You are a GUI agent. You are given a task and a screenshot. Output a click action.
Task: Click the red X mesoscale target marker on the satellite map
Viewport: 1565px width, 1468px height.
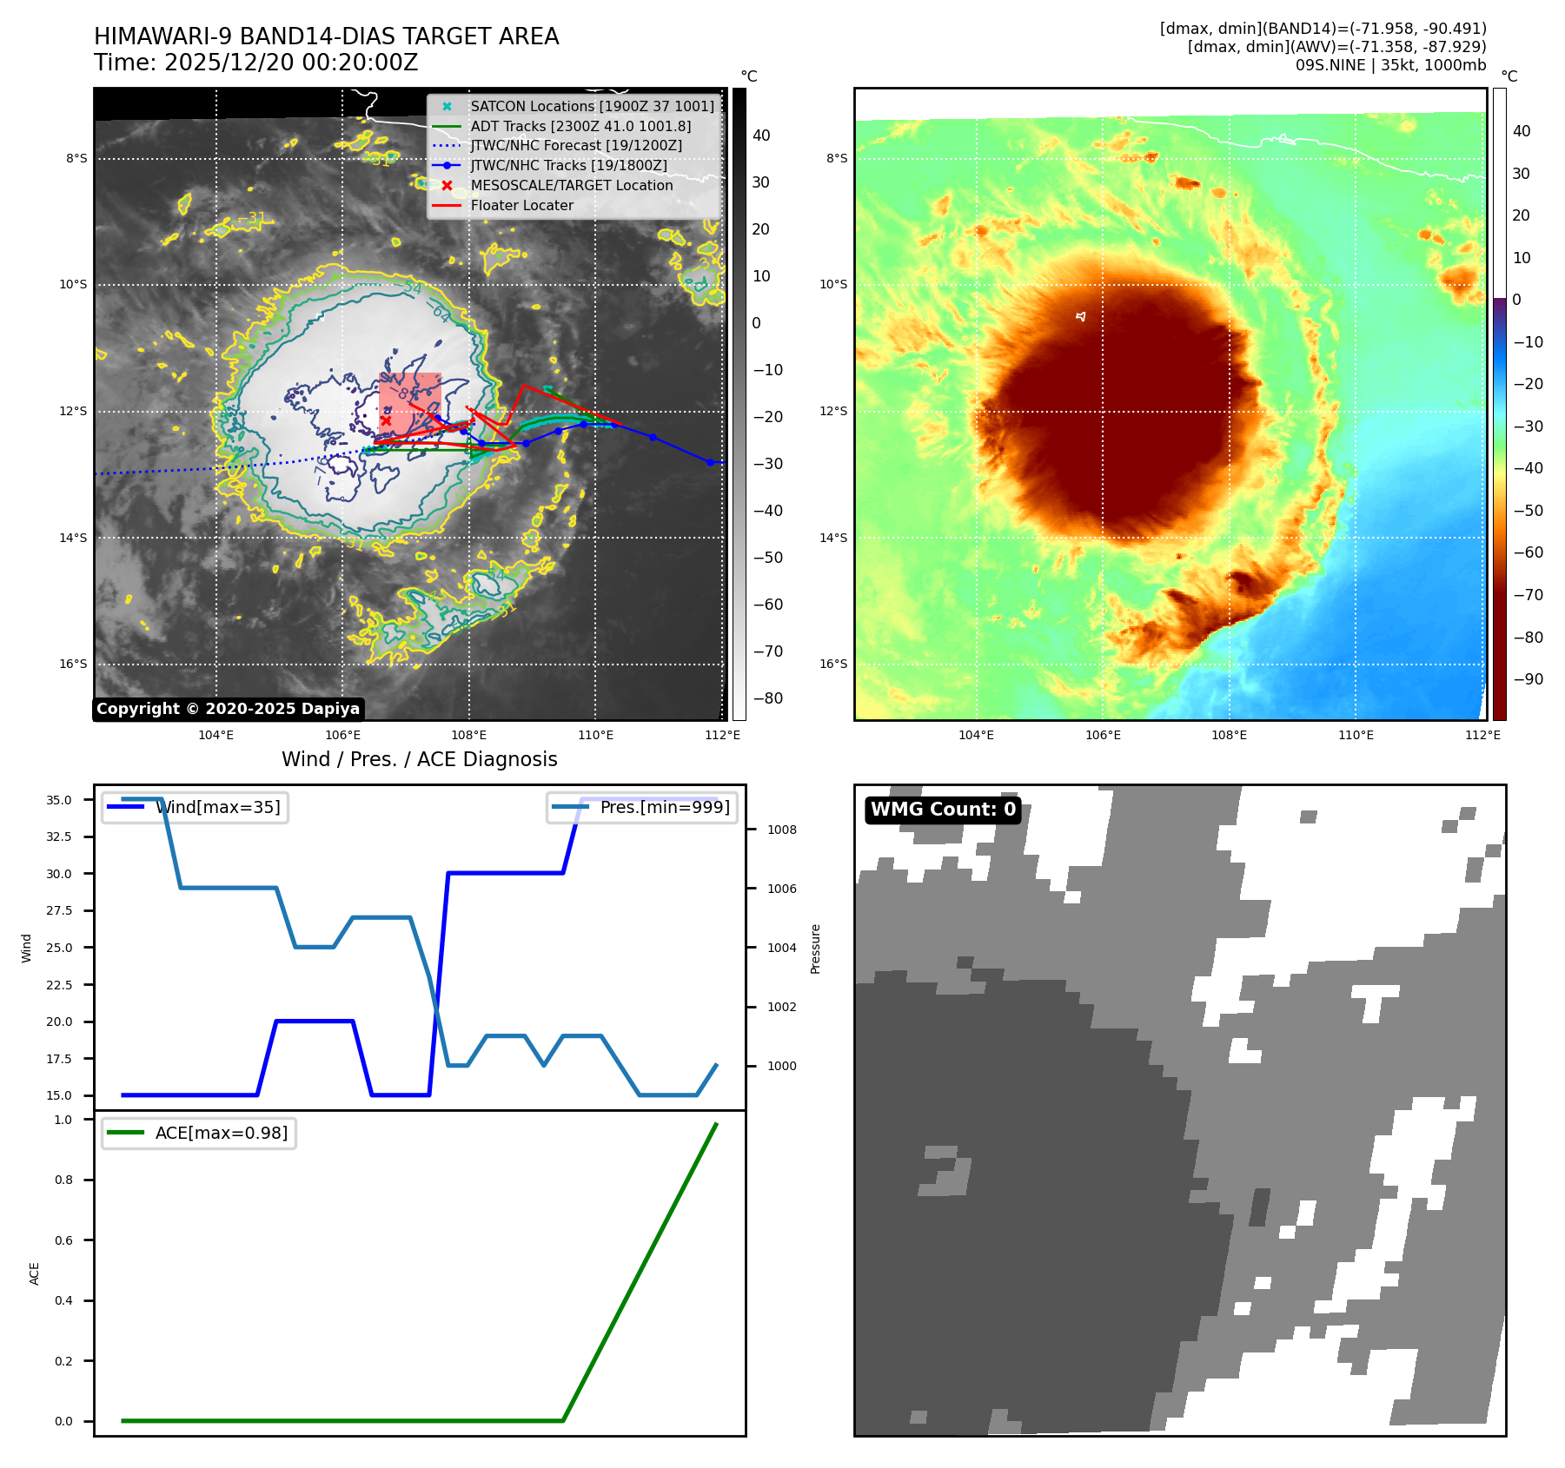pyautogui.click(x=386, y=420)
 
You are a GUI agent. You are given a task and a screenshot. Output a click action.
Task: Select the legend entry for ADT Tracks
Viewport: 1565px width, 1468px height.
pyautogui.click(x=580, y=126)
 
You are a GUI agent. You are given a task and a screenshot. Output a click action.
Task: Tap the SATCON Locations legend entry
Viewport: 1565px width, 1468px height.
pyautogui.click(x=592, y=106)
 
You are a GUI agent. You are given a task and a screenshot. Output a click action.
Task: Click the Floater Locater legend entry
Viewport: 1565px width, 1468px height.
pyautogui.click(x=521, y=205)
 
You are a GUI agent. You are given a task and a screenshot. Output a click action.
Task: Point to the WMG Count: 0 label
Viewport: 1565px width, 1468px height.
pyautogui.click(x=943, y=810)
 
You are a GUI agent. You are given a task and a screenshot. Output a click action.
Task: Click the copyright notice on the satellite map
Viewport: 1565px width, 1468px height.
pyautogui.click(x=228, y=709)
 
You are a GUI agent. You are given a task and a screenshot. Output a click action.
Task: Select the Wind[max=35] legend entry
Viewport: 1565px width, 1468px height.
pyautogui.click(x=217, y=807)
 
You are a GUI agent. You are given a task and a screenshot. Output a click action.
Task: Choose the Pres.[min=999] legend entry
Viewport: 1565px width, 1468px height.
pyautogui.click(x=665, y=807)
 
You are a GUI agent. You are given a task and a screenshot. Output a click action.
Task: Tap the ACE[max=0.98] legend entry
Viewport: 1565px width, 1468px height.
pyautogui.click(x=221, y=1133)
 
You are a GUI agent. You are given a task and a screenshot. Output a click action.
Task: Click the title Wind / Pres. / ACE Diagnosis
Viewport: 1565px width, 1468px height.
pyautogui.click(x=419, y=759)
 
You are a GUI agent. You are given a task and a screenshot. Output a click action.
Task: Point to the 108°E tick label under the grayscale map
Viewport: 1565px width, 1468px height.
pyautogui.click(x=469, y=735)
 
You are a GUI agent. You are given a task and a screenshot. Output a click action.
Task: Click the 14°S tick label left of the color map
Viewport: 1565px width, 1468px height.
pyautogui.click(x=832, y=538)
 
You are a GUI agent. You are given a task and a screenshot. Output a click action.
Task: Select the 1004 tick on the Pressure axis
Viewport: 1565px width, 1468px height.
pyautogui.click(x=781, y=948)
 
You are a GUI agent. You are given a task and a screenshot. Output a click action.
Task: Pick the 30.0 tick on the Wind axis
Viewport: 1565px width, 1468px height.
pyautogui.click(x=59, y=874)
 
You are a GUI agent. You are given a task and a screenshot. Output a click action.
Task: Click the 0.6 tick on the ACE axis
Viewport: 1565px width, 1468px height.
pyautogui.click(x=63, y=1240)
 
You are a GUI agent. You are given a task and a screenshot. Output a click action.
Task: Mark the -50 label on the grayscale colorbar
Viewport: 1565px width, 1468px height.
pyautogui.click(x=767, y=558)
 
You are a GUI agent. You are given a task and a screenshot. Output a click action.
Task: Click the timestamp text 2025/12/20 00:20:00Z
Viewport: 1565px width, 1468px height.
pyautogui.click(x=291, y=63)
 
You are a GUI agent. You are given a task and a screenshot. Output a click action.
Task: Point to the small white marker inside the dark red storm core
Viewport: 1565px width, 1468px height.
pyautogui.click(x=1081, y=316)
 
